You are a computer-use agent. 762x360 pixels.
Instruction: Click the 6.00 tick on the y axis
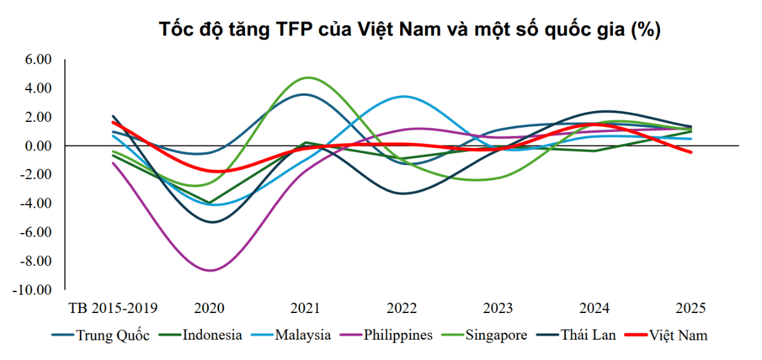pyautogui.click(x=37, y=60)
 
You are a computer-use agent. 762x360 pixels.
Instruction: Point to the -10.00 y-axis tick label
pyautogui.click(x=33, y=290)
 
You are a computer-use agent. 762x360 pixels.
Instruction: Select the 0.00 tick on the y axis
pyautogui.click(x=37, y=146)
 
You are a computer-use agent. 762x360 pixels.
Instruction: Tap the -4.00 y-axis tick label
pyautogui.click(x=36, y=204)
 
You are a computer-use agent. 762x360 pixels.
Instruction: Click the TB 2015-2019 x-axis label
pyautogui.click(x=113, y=309)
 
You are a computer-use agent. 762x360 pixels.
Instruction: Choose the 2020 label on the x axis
pyautogui.click(x=209, y=309)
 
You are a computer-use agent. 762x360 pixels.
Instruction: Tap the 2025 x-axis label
pyautogui.click(x=690, y=309)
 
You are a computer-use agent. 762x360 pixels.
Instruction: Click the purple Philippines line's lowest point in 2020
pyautogui.click(x=210, y=270)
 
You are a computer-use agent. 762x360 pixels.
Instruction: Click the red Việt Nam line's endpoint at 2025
pyautogui.click(x=690, y=152)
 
